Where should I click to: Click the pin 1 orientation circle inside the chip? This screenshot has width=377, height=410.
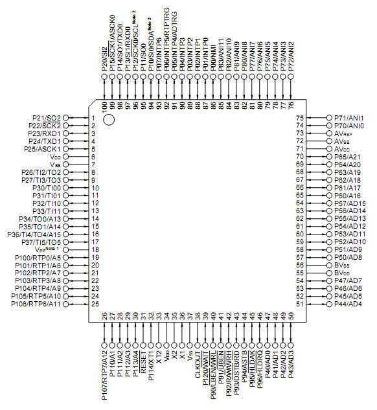109,119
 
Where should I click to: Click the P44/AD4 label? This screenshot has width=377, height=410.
348,304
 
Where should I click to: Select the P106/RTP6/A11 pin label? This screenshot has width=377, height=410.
37,304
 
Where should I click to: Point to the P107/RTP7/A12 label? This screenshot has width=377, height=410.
105,374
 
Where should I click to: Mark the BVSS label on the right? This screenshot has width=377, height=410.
341,265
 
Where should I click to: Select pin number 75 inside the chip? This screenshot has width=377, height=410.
300,117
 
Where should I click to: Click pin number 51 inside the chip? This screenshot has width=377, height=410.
300,304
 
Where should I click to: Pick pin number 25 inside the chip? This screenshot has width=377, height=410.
95,304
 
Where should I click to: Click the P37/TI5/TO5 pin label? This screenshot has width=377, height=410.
40,242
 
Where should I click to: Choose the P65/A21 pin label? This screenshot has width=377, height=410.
348,156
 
